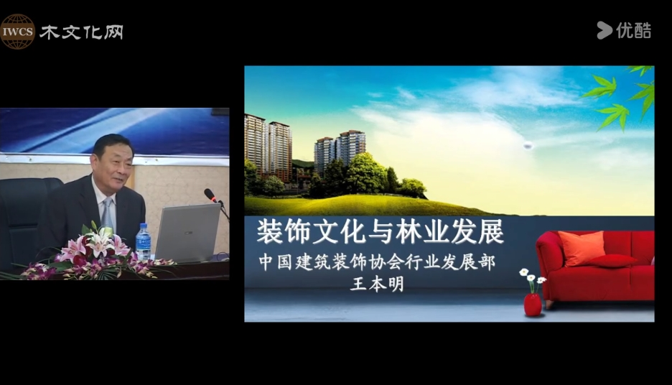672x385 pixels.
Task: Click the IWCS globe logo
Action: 17,32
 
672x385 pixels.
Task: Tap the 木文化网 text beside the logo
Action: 81,32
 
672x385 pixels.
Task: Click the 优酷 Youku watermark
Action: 624,30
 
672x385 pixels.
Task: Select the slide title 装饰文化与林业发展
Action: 380,231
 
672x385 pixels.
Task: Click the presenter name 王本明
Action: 377,284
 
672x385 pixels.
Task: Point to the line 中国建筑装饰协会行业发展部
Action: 377,262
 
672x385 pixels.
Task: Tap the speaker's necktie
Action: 107,213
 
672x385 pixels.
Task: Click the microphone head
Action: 210,195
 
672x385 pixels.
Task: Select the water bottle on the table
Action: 143,241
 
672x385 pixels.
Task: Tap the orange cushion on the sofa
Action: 582,248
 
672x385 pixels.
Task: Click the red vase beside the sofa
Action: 533,305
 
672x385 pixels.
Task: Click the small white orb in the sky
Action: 528,146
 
